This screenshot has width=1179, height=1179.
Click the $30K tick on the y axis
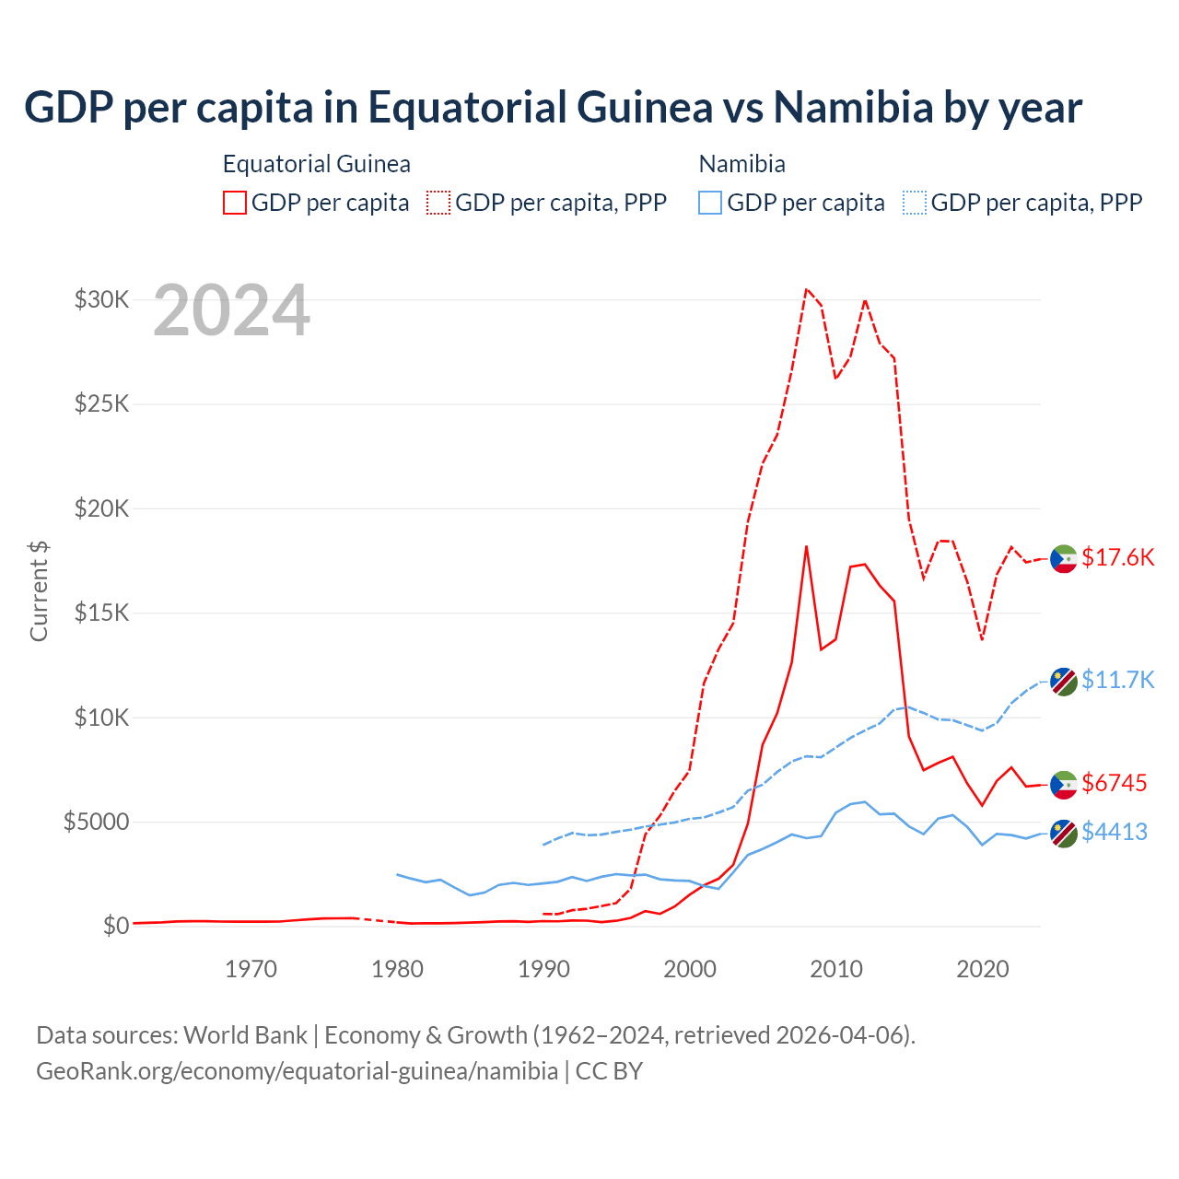tap(101, 300)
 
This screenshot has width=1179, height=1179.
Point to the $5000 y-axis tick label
tap(96, 822)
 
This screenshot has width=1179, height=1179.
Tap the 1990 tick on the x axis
tap(543, 969)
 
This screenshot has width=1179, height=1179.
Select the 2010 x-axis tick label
tap(836, 969)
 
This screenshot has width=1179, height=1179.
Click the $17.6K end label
tap(1117, 557)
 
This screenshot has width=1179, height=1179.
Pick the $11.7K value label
tap(1117, 680)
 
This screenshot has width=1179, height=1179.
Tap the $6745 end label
tap(1114, 783)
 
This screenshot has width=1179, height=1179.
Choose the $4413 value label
tap(1114, 832)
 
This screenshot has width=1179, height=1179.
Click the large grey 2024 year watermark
tap(231, 311)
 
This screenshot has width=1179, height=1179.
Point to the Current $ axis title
tap(39, 590)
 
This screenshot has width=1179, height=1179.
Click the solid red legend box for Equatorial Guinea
tap(235, 203)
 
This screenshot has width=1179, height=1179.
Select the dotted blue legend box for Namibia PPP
tap(915, 203)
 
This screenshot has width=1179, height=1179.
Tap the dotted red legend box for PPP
tap(438, 203)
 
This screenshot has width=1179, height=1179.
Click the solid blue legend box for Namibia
tap(710, 203)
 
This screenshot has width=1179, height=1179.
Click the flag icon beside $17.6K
tap(1064, 558)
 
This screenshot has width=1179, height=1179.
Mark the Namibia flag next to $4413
tap(1064, 834)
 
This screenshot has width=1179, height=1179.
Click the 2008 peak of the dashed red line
tap(806, 289)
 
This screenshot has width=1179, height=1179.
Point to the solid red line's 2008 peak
tap(806, 546)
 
